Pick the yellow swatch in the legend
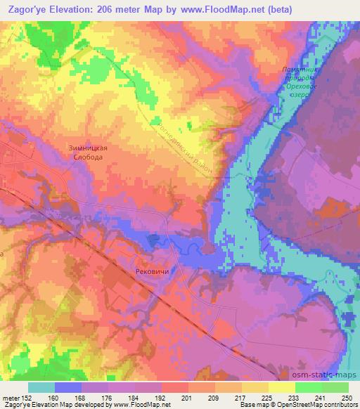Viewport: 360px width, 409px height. (281, 387)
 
